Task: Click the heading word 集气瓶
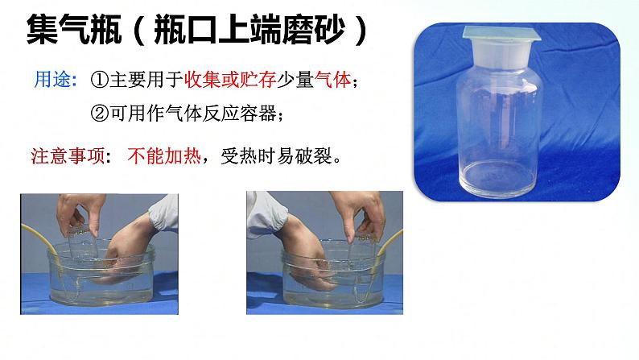(x=74, y=29)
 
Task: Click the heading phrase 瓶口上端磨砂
(x=249, y=29)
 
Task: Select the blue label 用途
(x=52, y=79)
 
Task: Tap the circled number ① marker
(x=100, y=80)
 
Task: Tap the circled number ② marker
(x=100, y=113)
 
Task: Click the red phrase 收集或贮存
(x=230, y=80)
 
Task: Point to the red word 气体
(x=332, y=80)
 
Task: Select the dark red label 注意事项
(x=68, y=155)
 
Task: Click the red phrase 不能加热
(x=164, y=155)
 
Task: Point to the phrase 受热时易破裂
(x=276, y=155)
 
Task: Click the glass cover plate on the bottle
(x=501, y=33)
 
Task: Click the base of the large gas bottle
(x=498, y=180)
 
